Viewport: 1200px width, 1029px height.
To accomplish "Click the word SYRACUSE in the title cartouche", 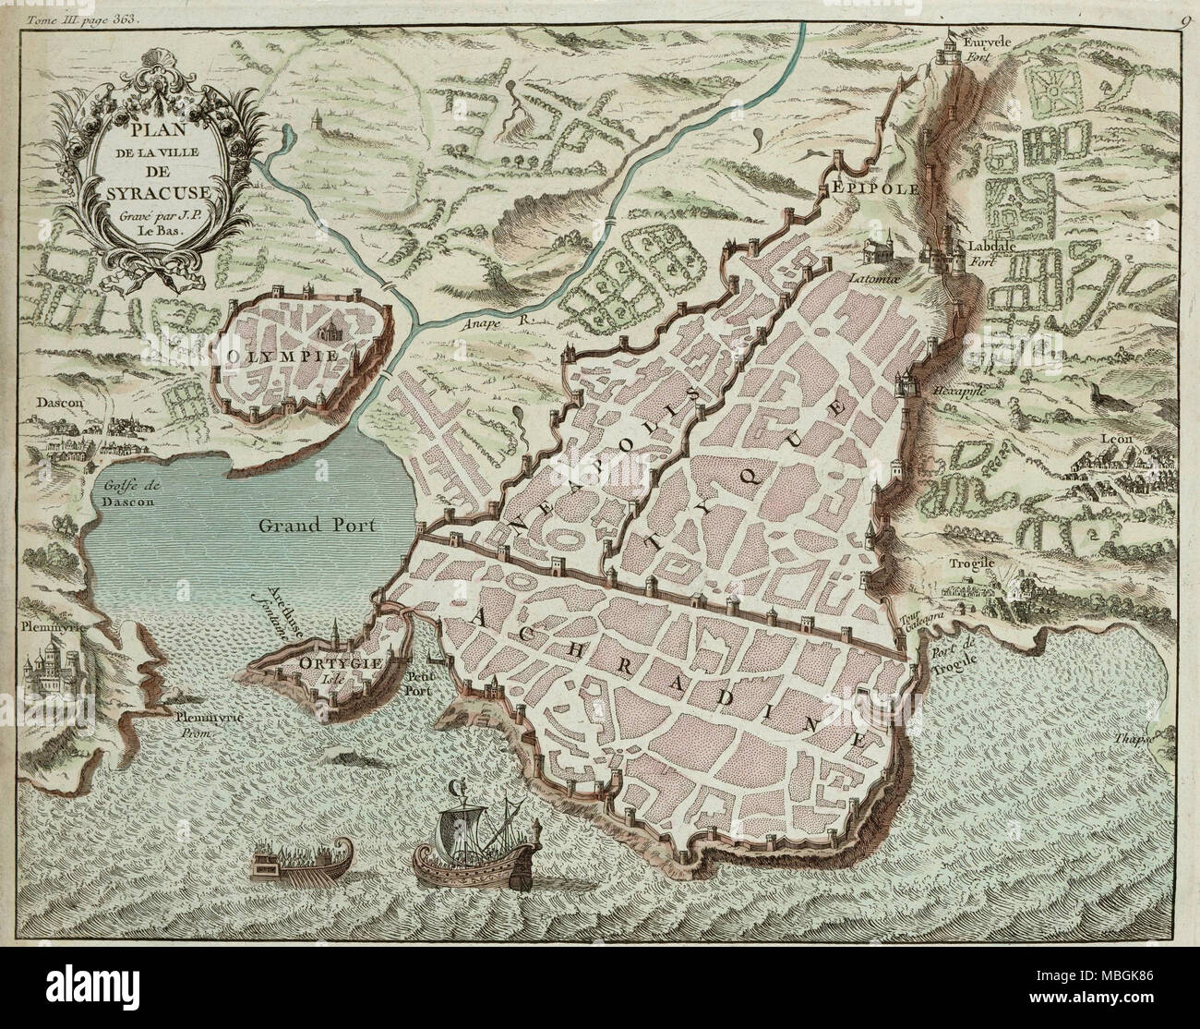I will click(146, 193).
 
